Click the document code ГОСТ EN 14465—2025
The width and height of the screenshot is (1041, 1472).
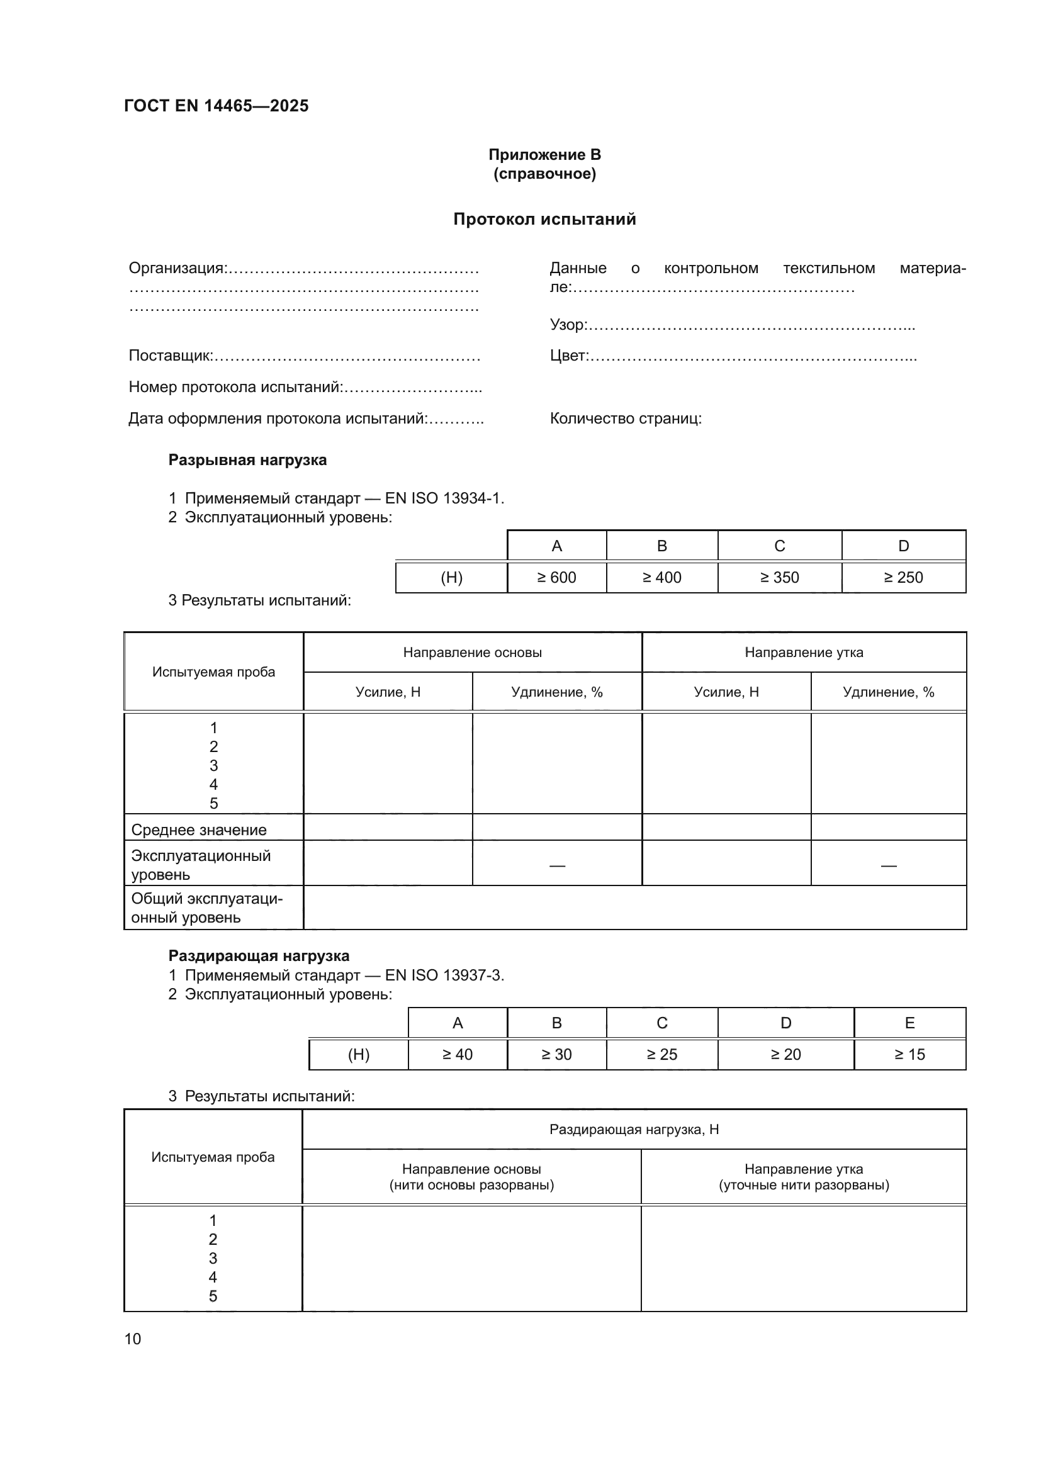click(216, 106)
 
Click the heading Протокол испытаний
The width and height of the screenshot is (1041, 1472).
click(544, 219)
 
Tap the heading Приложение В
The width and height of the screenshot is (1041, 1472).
click(544, 155)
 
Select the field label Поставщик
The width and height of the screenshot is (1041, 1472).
click(171, 355)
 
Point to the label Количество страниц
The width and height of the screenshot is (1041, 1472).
click(625, 419)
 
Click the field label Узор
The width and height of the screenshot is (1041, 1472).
click(568, 325)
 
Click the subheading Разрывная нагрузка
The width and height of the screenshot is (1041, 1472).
click(247, 459)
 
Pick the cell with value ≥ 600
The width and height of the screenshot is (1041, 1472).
click(556, 578)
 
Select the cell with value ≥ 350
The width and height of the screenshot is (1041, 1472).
click(779, 578)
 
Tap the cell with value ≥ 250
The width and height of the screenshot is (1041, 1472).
click(903, 578)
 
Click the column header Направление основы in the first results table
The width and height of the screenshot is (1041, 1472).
click(473, 653)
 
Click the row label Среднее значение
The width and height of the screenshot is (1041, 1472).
click(199, 829)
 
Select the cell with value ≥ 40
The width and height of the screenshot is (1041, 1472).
click(457, 1055)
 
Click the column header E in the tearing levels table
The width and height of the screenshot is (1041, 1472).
click(909, 1023)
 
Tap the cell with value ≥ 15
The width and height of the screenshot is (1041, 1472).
click(909, 1055)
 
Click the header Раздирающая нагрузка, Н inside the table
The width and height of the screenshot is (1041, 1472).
click(634, 1130)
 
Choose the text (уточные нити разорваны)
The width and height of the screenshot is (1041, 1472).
click(804, 1185)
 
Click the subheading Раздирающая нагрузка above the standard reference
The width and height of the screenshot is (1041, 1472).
click(259, 956)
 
